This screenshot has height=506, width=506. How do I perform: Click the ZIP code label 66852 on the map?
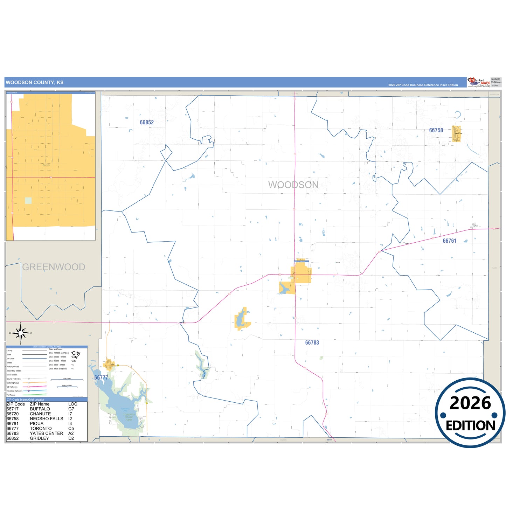[x=147, y=123]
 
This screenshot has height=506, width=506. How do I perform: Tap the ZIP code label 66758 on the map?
[x=436, y=130]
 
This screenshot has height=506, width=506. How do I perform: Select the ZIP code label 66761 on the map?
[x=449, y=241]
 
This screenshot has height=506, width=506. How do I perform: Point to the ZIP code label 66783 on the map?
[x=312, y=343]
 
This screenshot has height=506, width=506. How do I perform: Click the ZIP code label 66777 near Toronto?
[x=101, y=377]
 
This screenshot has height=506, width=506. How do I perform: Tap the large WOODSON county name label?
[x=293, y=185]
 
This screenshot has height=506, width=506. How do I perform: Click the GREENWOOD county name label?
[x=54, y=267]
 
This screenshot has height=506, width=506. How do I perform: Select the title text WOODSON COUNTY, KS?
[x=35, y=83]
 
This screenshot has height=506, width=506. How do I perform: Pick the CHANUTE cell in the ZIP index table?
[x=40, y=414]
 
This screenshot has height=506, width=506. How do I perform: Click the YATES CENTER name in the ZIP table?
[x=47, y=434]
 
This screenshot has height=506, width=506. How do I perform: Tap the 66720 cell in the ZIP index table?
[x=13, y=414]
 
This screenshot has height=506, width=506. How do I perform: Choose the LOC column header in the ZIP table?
[x=72, y=404]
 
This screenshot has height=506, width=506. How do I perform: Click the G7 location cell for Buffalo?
[x=71, y=409]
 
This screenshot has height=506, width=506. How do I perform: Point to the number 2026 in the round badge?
[x=470, y=403]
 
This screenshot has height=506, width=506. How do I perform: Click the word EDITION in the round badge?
[x=470, y=425]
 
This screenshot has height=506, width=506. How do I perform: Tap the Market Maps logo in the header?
[x=479, y=82]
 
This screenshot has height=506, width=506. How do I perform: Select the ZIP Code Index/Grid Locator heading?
[x=26, y=400]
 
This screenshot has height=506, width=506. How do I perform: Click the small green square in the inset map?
[x=28, y=201]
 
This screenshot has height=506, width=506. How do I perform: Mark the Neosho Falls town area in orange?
[x=456, y=134]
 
